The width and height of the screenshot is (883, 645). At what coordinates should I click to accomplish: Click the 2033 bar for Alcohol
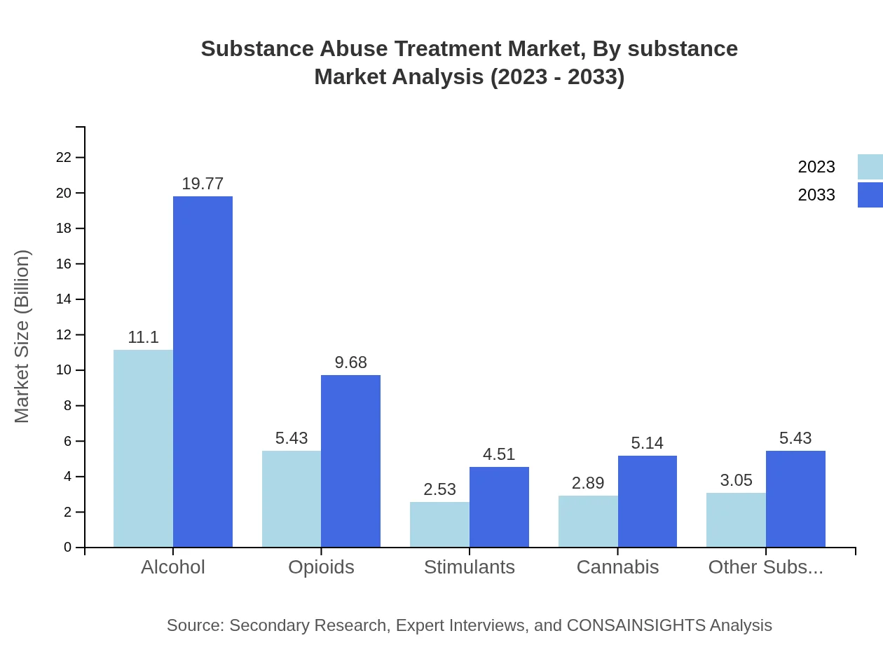click(203, 372)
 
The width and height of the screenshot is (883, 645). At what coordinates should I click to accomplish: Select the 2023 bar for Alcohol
click(143, 449)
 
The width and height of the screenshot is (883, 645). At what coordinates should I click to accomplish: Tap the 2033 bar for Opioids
click(350, 461)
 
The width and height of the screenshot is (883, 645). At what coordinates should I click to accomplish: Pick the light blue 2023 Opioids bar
click(292, 499)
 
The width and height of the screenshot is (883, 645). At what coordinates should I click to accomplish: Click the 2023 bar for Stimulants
click(439, 524)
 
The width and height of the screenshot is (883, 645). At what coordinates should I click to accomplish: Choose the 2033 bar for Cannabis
click(648, 501)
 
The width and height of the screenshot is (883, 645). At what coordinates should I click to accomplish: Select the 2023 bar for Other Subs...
click(736, 520)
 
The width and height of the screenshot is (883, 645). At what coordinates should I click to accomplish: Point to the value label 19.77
click(203, 184)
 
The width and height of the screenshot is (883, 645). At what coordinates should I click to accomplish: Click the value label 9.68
click(350, 362)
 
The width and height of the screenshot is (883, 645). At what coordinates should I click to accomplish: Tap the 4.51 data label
click(499, 454)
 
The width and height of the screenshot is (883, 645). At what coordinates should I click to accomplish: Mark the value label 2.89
click(588, 483)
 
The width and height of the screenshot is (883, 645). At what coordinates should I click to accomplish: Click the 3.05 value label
click(736, 480)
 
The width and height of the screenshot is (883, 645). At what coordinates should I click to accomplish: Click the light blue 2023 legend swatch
click(870, 167)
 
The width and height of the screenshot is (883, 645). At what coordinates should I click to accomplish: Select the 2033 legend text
click(816, 195)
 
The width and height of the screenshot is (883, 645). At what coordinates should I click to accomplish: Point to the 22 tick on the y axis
click(64, 157)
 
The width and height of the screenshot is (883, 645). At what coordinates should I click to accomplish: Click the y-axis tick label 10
click(64, 370)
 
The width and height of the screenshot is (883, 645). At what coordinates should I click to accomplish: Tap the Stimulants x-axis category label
click(470, 566)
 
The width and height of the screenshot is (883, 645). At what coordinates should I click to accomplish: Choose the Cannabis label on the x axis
click(617, 566)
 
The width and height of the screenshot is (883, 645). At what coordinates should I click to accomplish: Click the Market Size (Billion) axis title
click(22, 337)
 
